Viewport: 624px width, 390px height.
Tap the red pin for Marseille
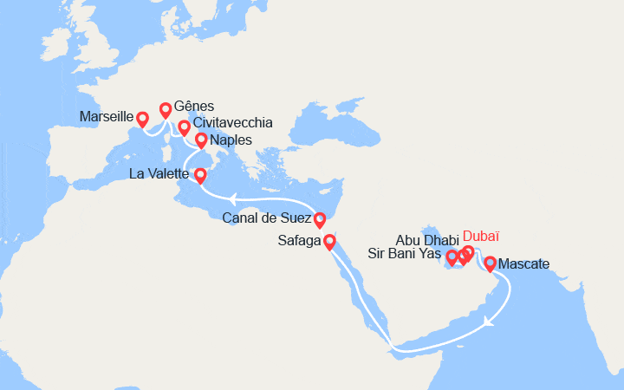coord(143,118)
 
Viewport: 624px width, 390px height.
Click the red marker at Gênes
coord(165,109)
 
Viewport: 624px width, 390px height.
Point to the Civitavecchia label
coord(232,122)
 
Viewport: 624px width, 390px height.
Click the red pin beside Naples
coord(201,139)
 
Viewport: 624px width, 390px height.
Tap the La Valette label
coord(159,174)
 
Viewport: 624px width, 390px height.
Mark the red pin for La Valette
coord(200,175)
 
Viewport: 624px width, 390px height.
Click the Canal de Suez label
coord(267,218)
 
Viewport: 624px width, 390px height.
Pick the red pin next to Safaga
coord(329,242)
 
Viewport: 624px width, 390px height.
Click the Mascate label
coord(525,263)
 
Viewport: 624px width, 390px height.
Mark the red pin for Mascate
coord(490,263)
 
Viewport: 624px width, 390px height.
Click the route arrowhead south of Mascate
coord(488,322)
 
